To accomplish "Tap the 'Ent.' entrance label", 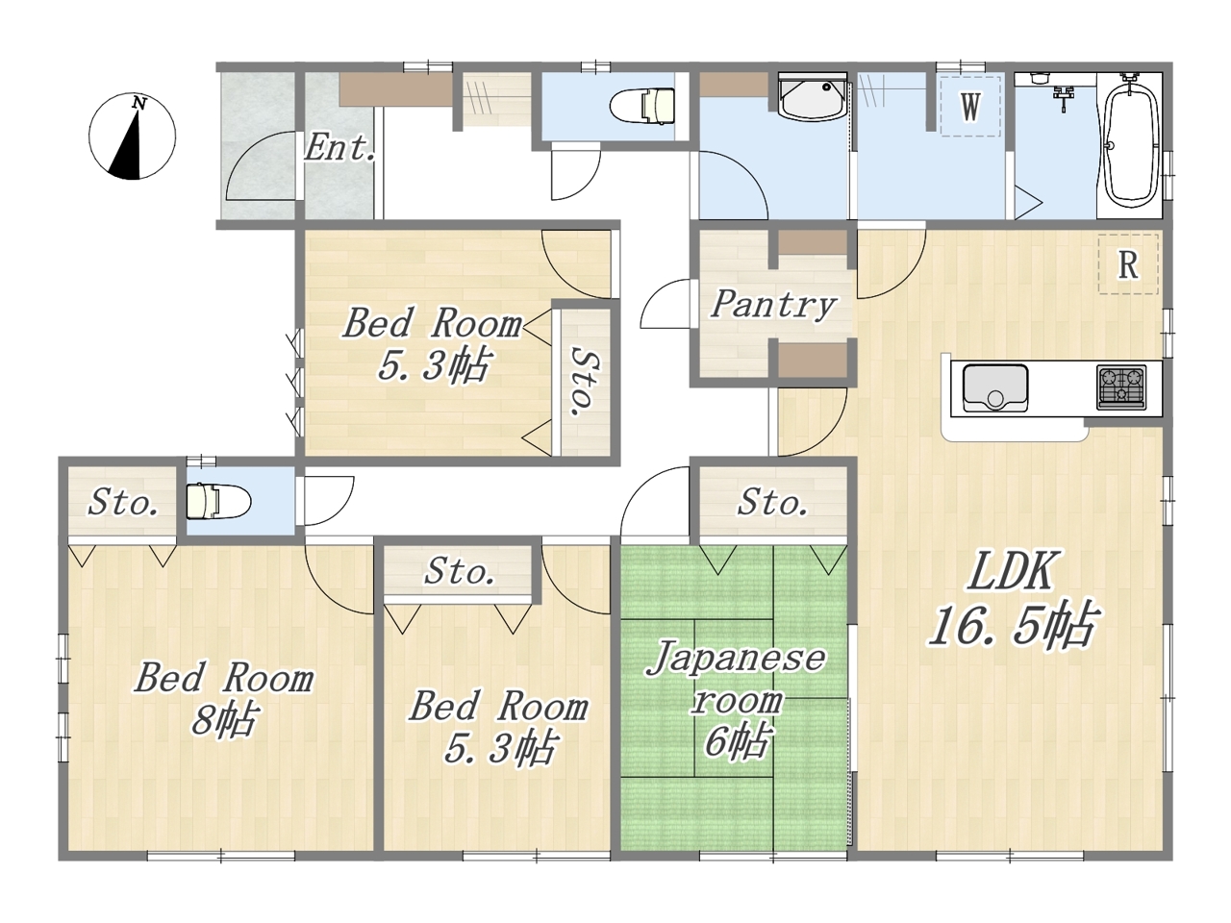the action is point(339,147).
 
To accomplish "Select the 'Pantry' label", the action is point(773,306).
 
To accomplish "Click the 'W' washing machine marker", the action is point(970,107).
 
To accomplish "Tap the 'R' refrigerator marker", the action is point(1128,264).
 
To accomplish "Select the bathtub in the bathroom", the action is point(1129,144).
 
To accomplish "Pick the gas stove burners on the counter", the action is point(1121,387).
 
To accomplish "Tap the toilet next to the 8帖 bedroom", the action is point(218,502).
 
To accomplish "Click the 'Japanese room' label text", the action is point(736,678).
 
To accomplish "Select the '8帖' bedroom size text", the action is point(224,720).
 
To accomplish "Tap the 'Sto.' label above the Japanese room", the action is point(771,502).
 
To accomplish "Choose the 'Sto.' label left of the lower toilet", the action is point(123,502).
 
